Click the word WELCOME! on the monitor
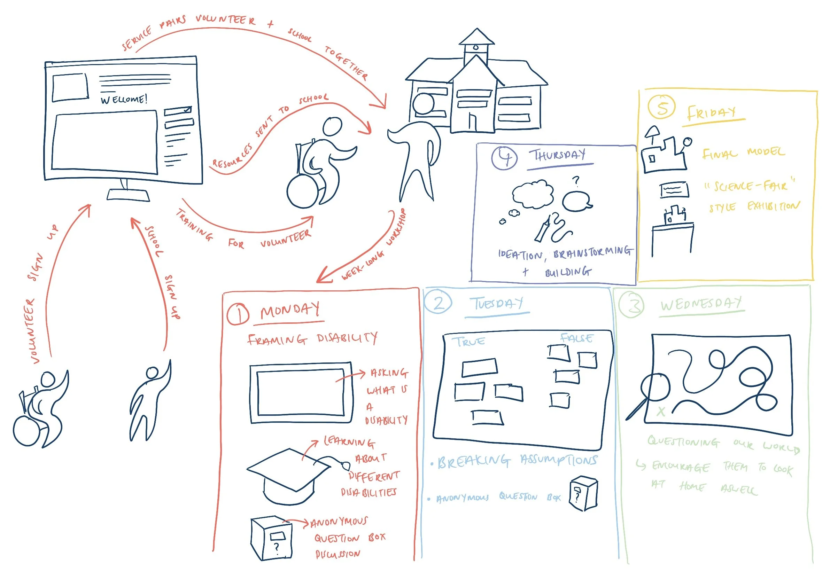tap(124, 99)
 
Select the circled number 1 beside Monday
tap(238, 314)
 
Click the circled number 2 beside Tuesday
tap(438, 302)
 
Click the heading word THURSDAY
tap(557, 155)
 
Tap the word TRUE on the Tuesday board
tap(470, 341)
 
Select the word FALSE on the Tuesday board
tap(576, 337)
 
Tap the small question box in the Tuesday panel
tap(583, 493)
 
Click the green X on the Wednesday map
tap(661, 412)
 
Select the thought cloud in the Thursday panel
tap(532, 194)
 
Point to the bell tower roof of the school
tap(476, 37)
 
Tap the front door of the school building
tap(472, 122)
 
